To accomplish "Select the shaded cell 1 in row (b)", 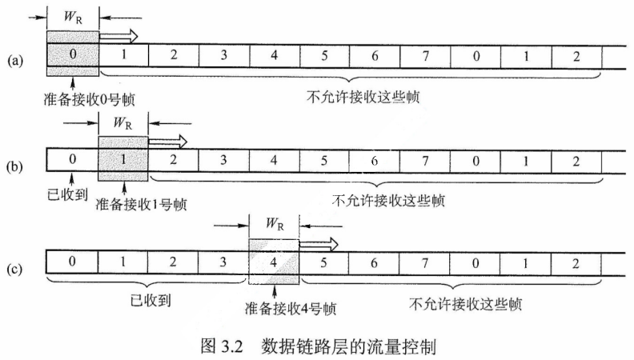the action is point(123,159).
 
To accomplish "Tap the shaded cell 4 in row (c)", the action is point(275,262).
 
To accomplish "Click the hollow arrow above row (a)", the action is point(118,35).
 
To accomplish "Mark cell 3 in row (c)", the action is point(224,262).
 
